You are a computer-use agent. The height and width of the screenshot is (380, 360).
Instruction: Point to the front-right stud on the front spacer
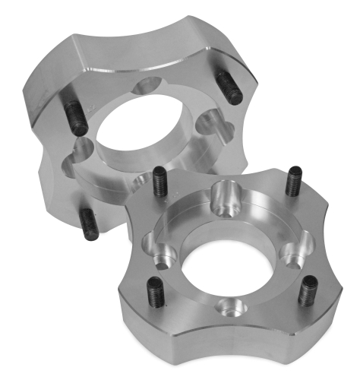pyautogui.click(x=309, y=291)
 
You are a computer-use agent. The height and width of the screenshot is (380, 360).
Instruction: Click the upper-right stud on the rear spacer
pyautogui.click(x=229, y=87)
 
